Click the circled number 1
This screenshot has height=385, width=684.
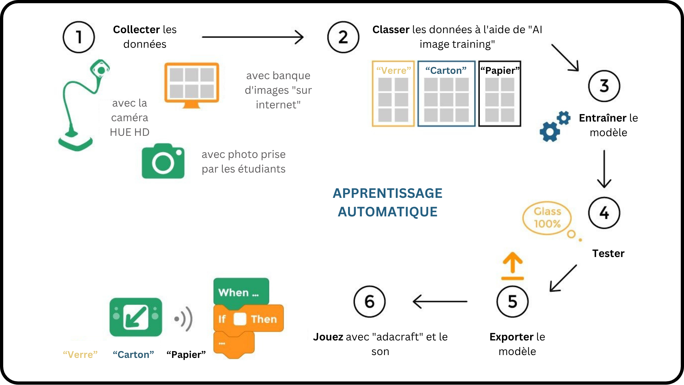[x=79, y=37]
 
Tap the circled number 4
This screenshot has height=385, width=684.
[x=604, y=213]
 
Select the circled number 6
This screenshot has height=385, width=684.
[x=369, y=302]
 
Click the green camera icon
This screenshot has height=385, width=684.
[x=163, y=161]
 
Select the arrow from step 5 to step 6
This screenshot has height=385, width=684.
[x=440, y=302]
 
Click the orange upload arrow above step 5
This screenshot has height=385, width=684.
[x=512, y=266]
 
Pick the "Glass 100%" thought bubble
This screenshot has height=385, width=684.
[x=547, y=218]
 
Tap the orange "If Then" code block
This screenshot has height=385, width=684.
[x=248, y=319]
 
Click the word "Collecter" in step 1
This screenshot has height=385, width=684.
[x=136, y=30]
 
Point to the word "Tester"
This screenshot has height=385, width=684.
[x=608, y=253]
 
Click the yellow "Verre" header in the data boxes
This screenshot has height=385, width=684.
[x=393, y=71]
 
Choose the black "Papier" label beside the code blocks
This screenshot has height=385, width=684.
[x=186, y=355]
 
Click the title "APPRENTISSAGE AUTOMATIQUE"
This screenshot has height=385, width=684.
[x=388, y=202]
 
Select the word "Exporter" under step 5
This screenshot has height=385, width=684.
[x=511, y=337]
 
